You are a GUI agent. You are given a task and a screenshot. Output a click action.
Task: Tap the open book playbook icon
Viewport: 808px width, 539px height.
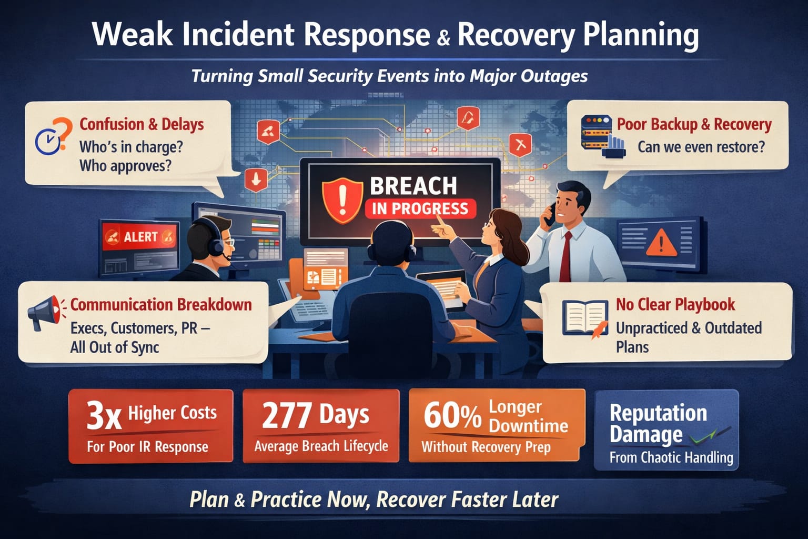pos(584,318)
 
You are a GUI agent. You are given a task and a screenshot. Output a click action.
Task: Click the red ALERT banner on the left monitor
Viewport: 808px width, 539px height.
pos(140,237)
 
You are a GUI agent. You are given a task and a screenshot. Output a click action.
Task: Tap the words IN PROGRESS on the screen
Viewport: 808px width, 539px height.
pos(420,209)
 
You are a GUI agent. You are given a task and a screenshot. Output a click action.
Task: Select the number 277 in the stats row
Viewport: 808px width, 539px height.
pos(286,415)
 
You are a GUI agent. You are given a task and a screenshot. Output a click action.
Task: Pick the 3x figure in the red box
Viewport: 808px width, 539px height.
pos(104,415)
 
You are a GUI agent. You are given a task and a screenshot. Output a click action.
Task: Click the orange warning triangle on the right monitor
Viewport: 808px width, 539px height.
pos(661,243)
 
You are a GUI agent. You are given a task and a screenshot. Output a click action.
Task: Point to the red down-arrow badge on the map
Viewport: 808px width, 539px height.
pos(256,179)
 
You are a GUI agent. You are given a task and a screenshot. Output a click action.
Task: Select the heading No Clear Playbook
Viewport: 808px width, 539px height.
pos(675,304)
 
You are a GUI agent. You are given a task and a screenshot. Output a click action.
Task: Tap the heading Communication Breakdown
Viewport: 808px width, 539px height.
pos(161,305)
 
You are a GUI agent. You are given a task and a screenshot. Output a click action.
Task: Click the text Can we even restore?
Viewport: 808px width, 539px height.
pos(701,147)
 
